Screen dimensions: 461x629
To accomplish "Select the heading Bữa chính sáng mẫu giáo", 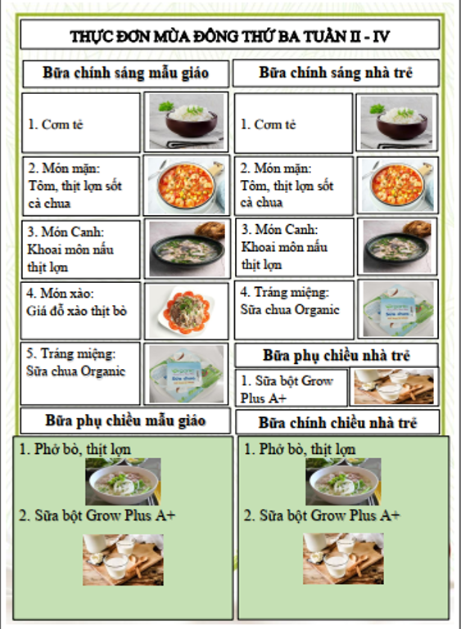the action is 126,73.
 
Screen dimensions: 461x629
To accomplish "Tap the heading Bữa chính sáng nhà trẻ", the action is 336,73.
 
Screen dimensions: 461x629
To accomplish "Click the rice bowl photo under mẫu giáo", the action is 187,122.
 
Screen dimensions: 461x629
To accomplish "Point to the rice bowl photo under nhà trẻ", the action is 397,123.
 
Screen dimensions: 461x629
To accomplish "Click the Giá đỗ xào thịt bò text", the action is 77,311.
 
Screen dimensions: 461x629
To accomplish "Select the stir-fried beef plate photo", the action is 187,311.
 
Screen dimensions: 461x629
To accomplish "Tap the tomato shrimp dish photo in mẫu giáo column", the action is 187,185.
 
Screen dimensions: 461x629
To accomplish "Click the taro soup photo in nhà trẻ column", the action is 397,247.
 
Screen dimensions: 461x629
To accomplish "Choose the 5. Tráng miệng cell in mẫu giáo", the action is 80,373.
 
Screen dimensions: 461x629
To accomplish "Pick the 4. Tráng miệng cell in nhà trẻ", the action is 294,310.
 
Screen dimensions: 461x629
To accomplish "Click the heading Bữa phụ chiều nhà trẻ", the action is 336,355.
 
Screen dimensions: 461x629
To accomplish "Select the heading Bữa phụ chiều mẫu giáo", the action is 125,420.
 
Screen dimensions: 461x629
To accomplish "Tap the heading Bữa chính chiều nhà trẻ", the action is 337,422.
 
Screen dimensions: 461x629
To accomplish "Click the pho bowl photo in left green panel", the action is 123,482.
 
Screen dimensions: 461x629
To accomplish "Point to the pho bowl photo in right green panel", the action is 343,482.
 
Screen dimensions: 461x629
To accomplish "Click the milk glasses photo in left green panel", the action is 123,559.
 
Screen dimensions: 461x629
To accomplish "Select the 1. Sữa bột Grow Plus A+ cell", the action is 291,389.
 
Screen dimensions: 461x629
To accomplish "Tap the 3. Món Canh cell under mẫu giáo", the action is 80,249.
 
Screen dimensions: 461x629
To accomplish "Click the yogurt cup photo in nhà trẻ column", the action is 398,309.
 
